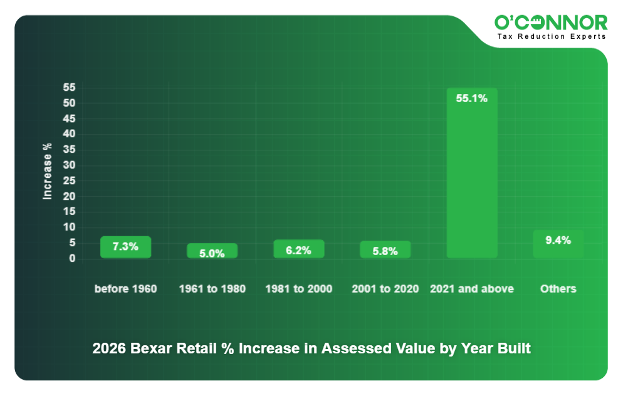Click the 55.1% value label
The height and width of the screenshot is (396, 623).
pos(471,98)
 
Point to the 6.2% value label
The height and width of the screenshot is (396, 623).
pos(298,250)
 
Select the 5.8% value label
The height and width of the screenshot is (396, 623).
pos(385,251)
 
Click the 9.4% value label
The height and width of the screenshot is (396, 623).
pos(558,240)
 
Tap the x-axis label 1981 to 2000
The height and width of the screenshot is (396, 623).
pos(298,289)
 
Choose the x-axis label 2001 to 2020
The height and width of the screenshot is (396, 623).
pos(385,289)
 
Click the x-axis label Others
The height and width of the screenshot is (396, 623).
pos(558,289)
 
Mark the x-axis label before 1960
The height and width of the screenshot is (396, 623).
pos(125,289)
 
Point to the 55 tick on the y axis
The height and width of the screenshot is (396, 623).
pos(69,88)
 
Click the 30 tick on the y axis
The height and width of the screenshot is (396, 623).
pos(69,165)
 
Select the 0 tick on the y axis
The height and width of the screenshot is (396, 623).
pos(72,258)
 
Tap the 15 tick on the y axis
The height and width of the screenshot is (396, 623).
pos(69,212)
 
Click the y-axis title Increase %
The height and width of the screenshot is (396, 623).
pos(47,171)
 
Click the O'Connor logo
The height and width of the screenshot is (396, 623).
pos(551,23)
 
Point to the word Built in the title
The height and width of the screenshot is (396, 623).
pos(513,348)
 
